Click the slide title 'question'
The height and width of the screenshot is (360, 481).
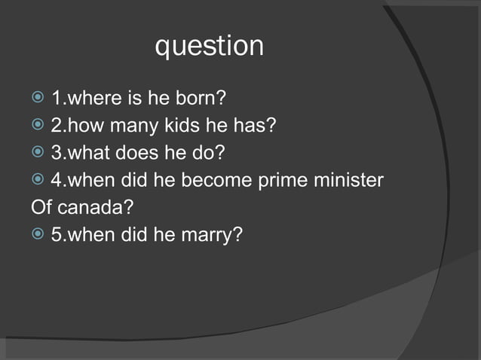point(209,46)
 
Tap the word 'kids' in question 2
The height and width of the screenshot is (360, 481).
point(181,125)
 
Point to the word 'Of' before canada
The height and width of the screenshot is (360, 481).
point(42,207)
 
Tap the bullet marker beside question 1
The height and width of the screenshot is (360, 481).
point(38,99)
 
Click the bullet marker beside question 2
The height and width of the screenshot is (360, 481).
point(38,126)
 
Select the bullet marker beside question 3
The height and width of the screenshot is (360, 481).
point(38,153)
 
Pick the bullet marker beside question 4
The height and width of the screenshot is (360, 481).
point(38,181)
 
